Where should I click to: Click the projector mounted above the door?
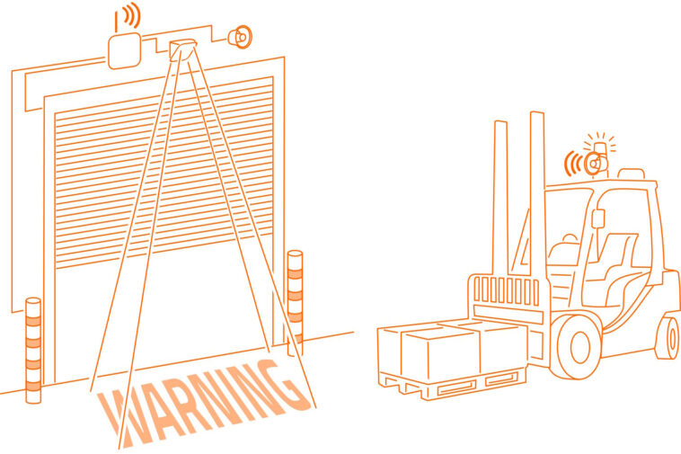(182, 49)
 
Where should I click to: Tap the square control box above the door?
(124, 51)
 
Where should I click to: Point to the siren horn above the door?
(241, 38)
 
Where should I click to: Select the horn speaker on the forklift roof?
(593, 165)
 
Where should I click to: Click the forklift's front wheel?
(579, 346)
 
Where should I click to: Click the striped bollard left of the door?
(33, 351)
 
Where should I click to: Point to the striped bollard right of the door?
(295, 299)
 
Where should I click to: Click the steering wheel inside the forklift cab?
(569, 238)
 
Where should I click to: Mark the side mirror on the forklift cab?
(598, 218)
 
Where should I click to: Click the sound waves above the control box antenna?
(131, 15)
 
